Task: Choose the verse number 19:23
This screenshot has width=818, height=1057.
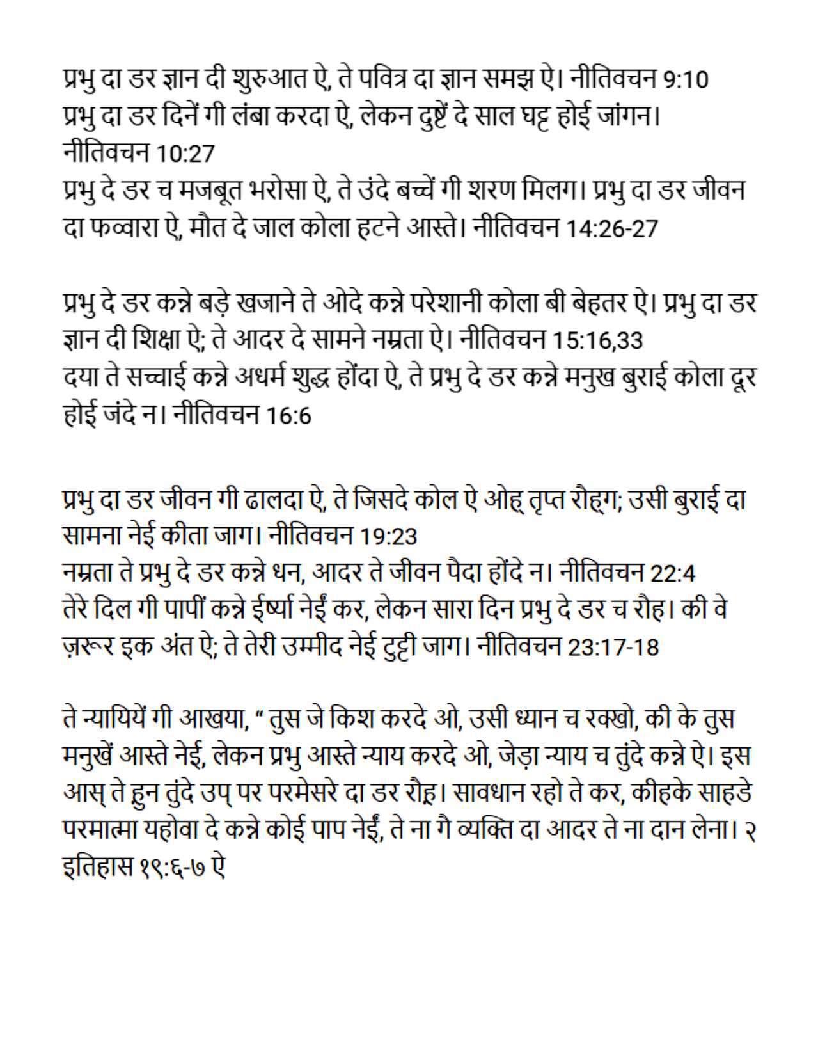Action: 388,536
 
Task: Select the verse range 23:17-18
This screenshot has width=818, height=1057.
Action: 613,648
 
